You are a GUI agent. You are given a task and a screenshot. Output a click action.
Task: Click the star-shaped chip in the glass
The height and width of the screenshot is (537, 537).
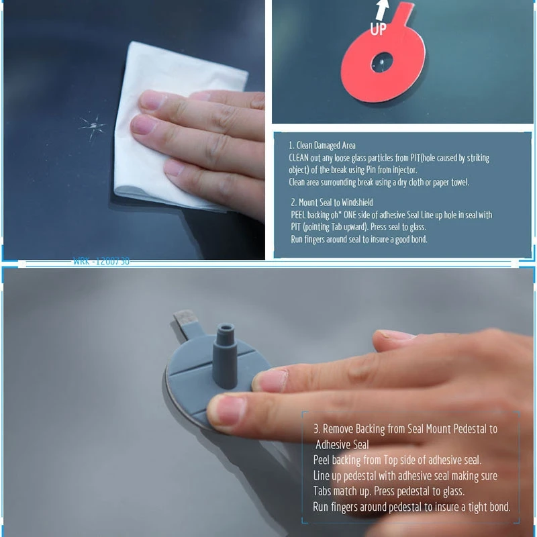pos(92,126)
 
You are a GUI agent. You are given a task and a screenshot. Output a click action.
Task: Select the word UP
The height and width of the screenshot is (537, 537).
pos(379,30)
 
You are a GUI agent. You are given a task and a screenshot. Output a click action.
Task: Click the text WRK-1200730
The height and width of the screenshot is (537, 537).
pos(101,262)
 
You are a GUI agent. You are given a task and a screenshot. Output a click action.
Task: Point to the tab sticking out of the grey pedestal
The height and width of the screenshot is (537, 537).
pos(189,323)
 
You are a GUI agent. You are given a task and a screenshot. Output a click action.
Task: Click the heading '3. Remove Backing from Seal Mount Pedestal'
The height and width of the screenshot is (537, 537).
pos(405,429)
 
